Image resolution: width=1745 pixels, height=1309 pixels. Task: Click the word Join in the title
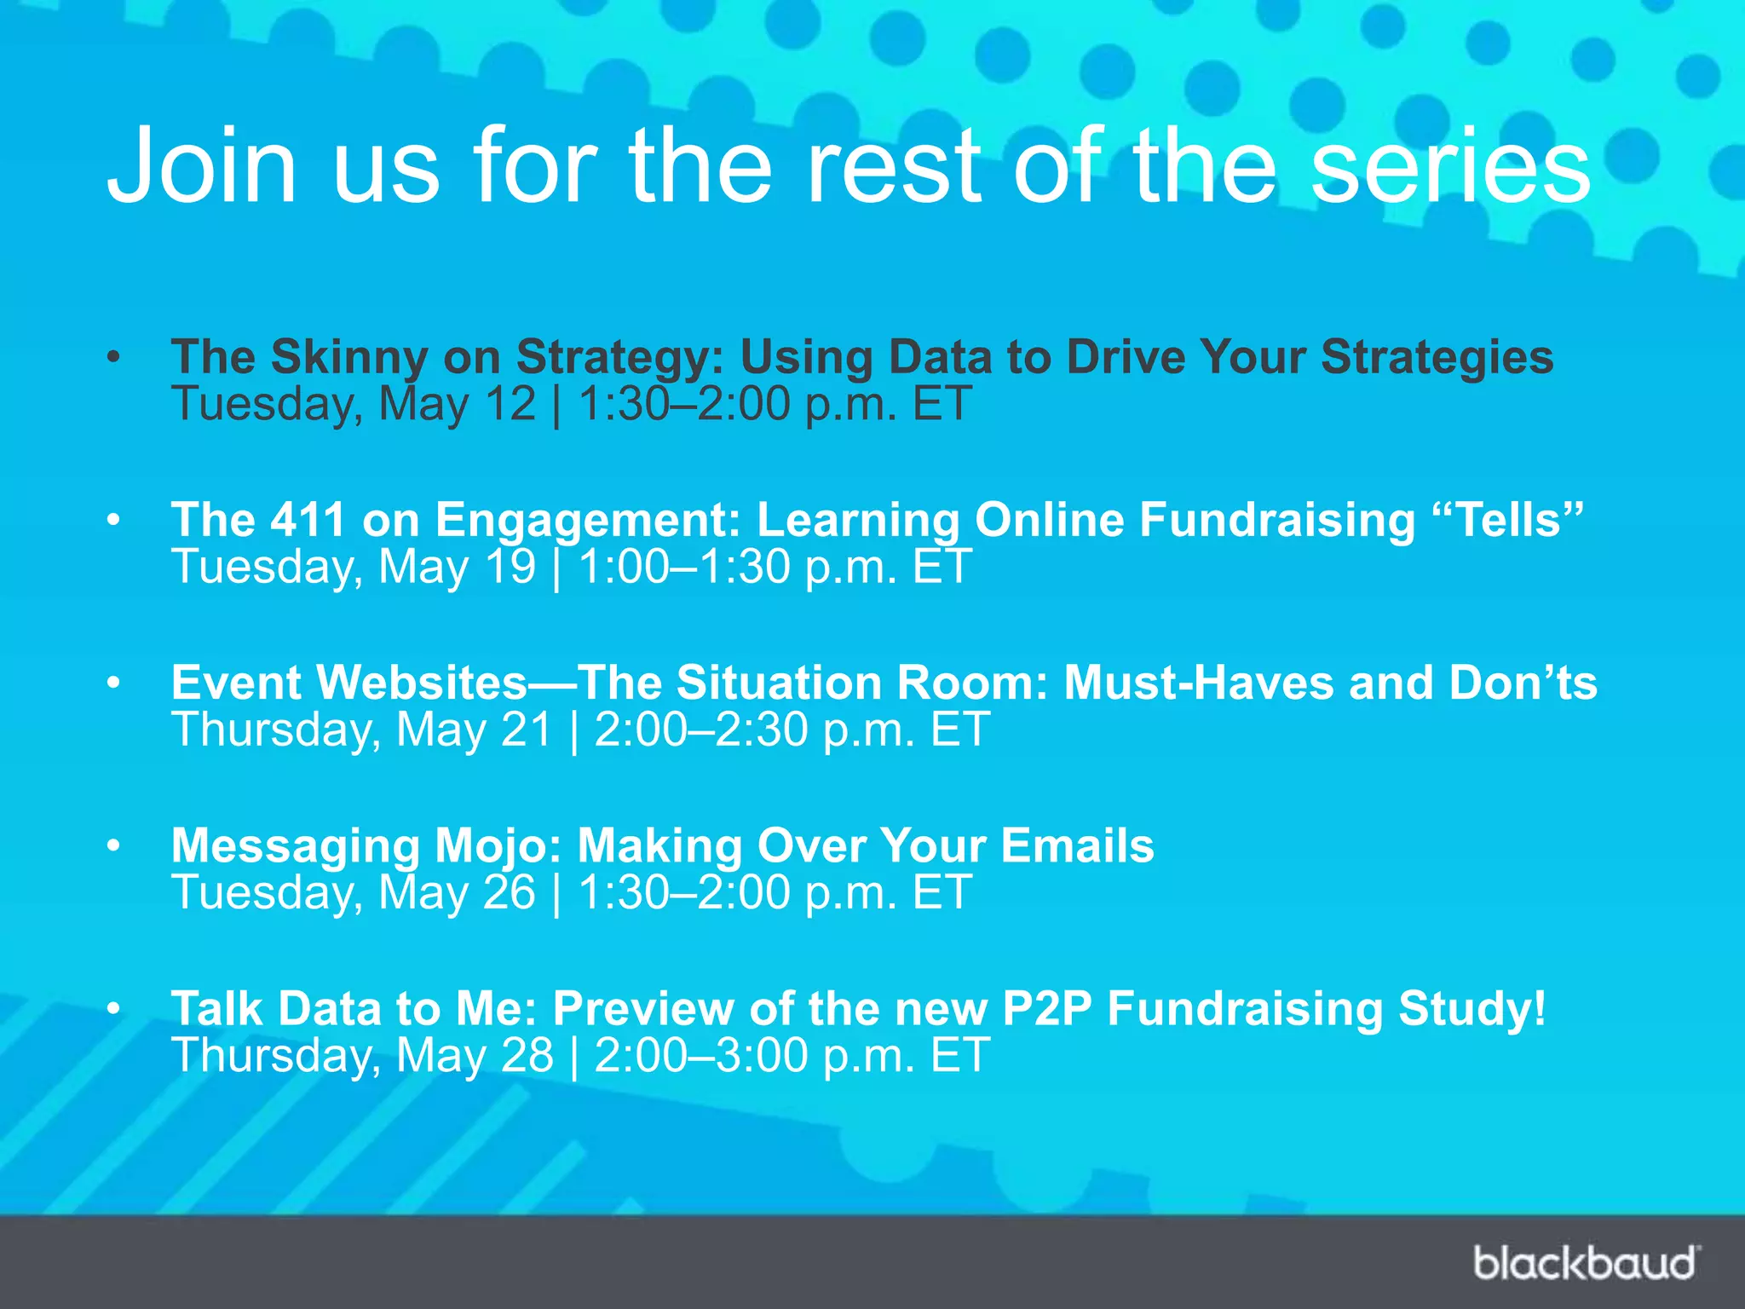(201, 165)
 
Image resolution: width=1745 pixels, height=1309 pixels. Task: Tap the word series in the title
(1449, 165)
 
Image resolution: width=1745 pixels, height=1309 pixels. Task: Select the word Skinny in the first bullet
(349, 357)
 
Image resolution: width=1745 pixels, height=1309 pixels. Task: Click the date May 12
(457, 404)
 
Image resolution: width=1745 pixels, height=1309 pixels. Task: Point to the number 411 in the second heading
(308, 519)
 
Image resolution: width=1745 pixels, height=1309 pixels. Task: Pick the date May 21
(475, 730)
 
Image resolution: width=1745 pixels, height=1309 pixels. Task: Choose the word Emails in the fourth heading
(1077, 845)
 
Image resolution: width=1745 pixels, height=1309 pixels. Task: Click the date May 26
(457, 893)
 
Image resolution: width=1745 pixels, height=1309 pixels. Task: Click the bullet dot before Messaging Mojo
(114, 846)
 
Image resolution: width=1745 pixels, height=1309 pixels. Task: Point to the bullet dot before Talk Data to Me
(114, 1009)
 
